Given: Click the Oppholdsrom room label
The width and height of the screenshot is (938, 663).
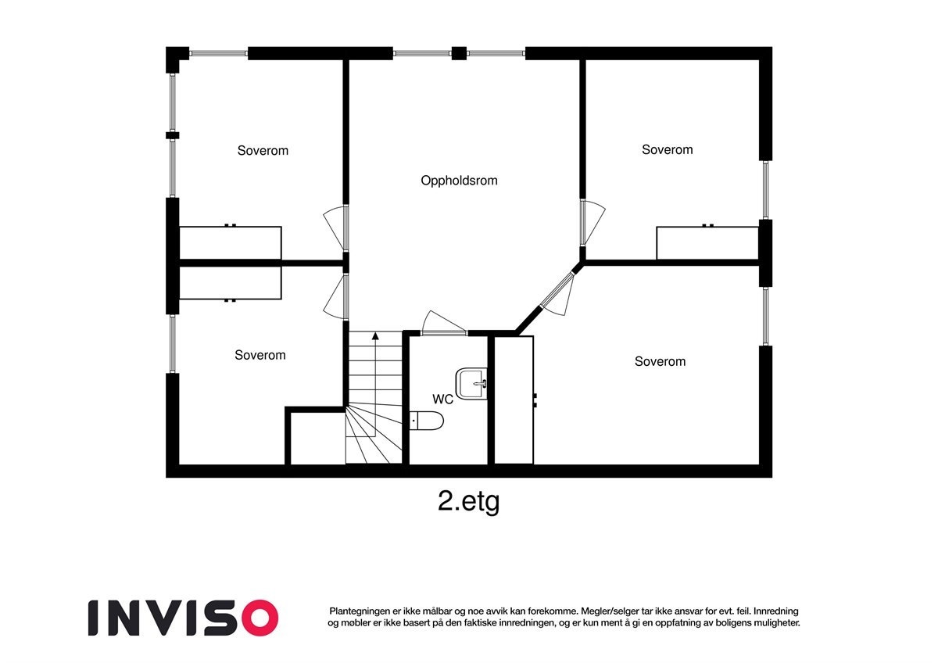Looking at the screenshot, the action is pos(459,181).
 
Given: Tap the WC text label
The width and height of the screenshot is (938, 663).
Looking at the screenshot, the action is pos(442,400).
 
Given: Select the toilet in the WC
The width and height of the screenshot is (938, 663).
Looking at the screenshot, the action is pos(426,421).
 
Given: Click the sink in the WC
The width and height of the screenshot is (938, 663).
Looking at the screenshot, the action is pos(471,384).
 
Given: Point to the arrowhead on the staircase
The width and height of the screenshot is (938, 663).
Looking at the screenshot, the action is pos(375,335).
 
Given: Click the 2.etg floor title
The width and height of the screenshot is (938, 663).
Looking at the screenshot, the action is pos(468,501).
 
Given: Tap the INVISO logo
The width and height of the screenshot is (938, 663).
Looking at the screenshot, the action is pos(183,618).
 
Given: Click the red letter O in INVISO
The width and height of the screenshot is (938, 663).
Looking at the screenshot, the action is pos(260,618).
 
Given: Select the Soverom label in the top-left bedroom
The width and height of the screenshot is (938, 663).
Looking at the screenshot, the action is pos(263,151).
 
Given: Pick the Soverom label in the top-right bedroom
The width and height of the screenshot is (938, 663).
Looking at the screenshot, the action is pos(667,150).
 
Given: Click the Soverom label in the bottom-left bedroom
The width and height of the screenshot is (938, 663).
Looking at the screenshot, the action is pos(260,355).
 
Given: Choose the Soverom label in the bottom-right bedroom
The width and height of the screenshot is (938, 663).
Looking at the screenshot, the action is pos(660,361).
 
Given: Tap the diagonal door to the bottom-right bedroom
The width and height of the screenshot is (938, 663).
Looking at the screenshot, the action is pos(557,293).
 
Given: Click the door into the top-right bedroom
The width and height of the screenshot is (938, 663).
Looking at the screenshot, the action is pos(592,222).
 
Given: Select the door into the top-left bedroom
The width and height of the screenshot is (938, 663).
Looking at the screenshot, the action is pos(336,228).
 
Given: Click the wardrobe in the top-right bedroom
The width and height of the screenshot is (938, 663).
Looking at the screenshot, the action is pos(707,242).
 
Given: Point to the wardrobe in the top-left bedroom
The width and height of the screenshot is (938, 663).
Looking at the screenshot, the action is pos(231,242).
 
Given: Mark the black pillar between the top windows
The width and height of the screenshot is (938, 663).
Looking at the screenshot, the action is pos(459,53).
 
